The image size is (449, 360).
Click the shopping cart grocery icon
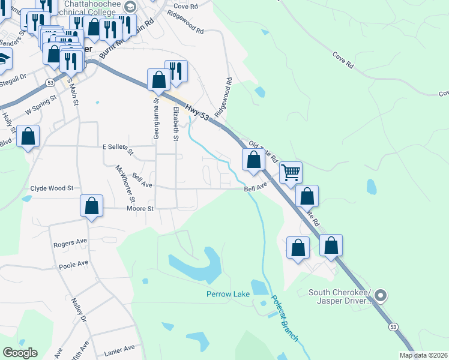click(291, 172)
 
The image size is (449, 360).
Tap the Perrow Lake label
click(228, 294)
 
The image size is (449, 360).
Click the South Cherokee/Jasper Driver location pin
click(381, 296)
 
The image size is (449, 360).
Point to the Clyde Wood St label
click(52, 188)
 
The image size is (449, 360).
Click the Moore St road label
click(140, 209)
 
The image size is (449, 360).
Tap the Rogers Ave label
click(70, 243)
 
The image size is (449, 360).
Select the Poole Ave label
click(73, 263)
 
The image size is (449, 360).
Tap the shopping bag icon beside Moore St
click(92, 206)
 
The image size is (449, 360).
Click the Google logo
click(20, 353)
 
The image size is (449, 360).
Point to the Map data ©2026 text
click(423, 355)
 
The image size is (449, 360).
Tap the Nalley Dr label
click(80, 310)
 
